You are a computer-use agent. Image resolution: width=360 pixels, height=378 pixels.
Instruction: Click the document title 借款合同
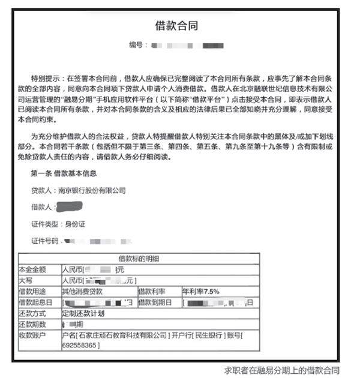(x=176, y=26)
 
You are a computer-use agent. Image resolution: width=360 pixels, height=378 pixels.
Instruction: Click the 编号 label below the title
(x=137, y=45)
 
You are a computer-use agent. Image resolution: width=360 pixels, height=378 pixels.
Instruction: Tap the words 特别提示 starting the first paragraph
(x=48, y=79)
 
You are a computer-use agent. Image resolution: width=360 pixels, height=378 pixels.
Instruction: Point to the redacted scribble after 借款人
(x=68, y=208)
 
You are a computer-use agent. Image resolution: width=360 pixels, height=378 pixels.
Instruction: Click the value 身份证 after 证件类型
(x=76, y=224)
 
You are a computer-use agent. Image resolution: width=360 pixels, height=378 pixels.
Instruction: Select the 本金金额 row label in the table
(x=32, y=270)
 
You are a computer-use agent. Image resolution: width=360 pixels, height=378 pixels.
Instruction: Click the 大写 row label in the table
(x=26, y=280)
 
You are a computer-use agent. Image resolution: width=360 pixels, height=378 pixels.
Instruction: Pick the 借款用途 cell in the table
(x=32, y=291)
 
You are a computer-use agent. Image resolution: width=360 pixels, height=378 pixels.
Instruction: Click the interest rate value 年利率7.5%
(x=201, y=291)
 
